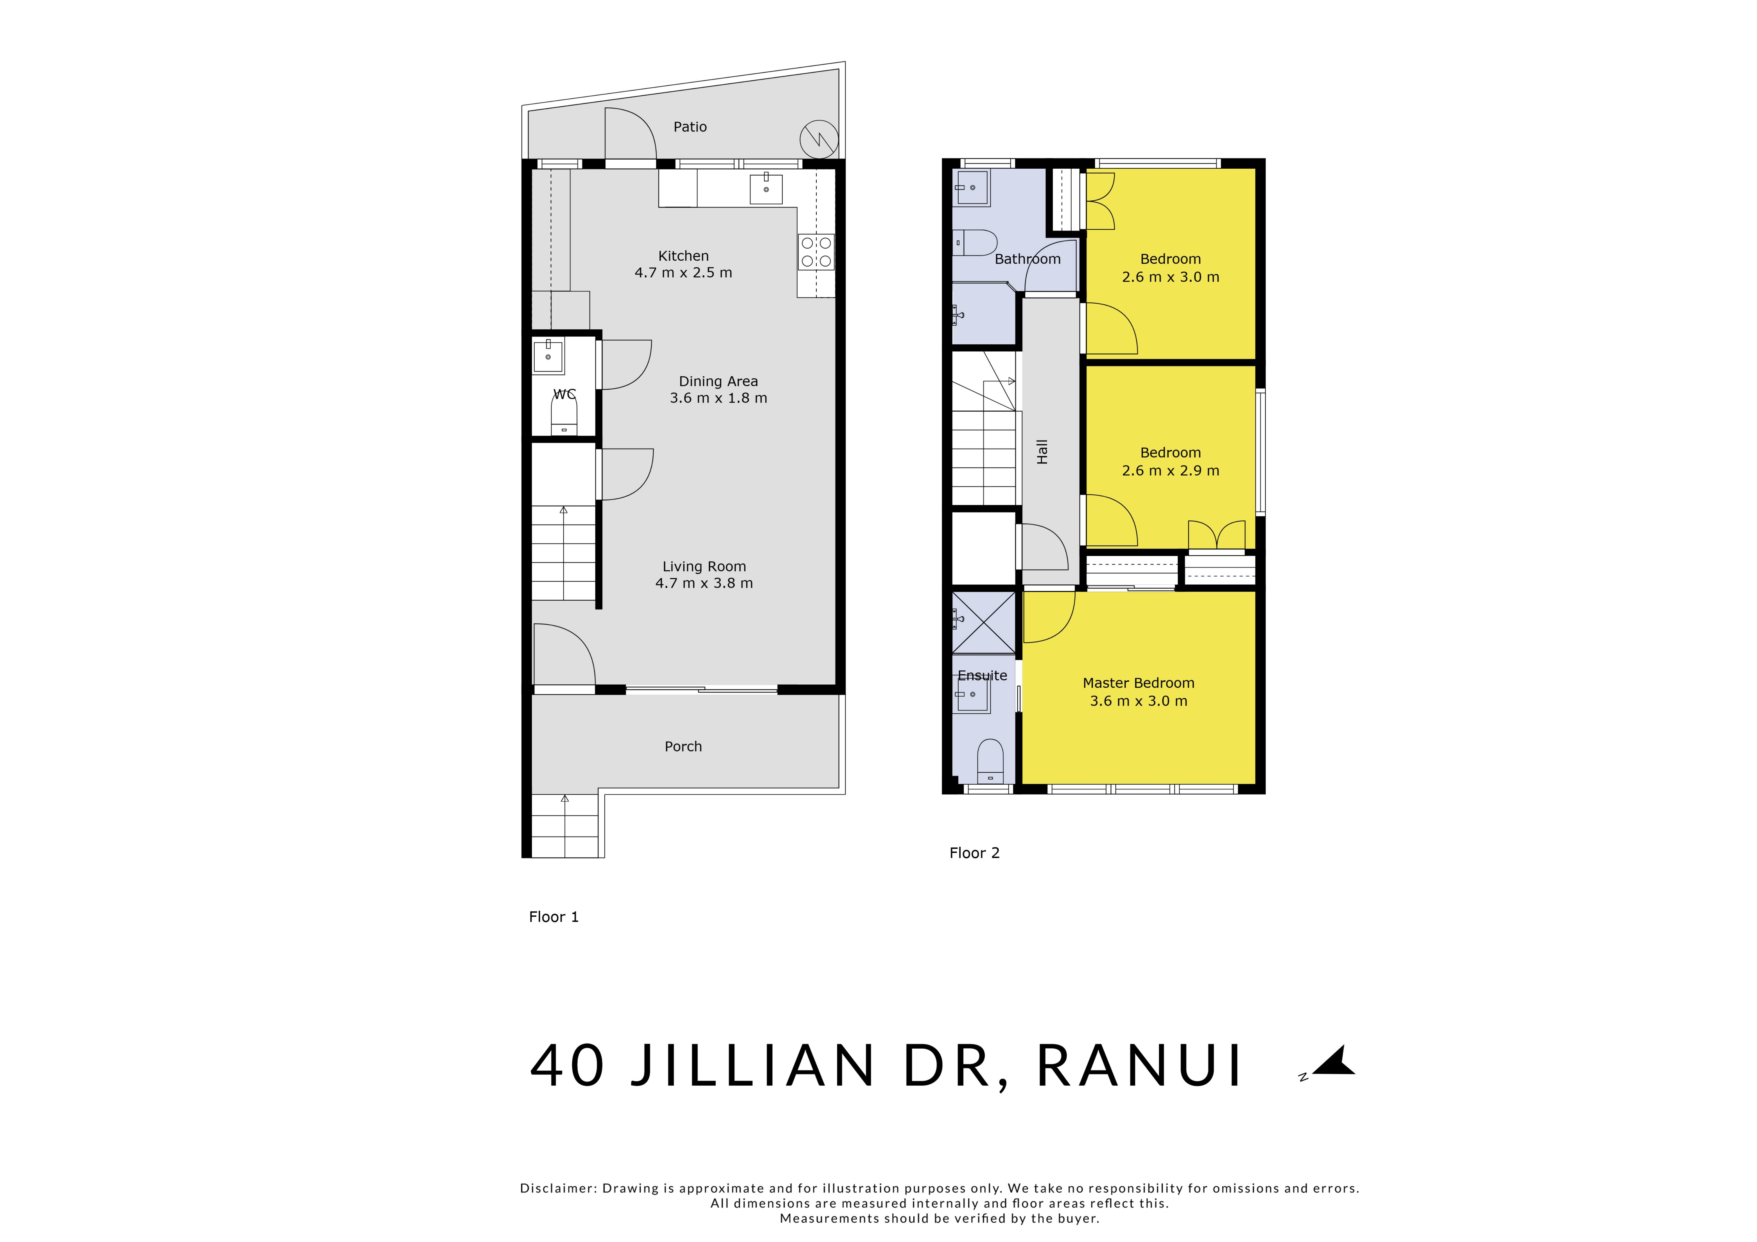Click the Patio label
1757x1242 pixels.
coord(690,127)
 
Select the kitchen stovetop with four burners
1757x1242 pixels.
coord(816,253)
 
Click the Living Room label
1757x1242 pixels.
coord(704,566)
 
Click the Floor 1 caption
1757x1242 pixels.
coord(553,917)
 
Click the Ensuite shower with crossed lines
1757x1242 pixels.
coord(983,622)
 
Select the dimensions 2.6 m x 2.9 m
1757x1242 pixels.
coord(1170,470)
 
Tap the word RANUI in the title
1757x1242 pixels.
coord(1139,1065)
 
